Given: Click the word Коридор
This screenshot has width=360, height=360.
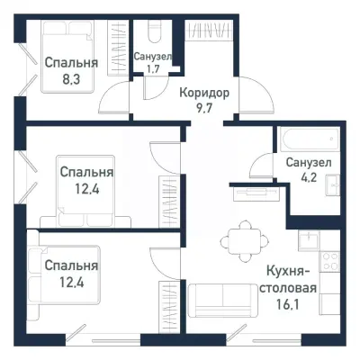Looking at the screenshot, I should coord(203,93).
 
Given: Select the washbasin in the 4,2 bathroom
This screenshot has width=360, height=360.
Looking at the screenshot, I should coord(332,185).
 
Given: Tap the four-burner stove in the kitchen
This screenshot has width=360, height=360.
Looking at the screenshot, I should coord(329,261).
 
